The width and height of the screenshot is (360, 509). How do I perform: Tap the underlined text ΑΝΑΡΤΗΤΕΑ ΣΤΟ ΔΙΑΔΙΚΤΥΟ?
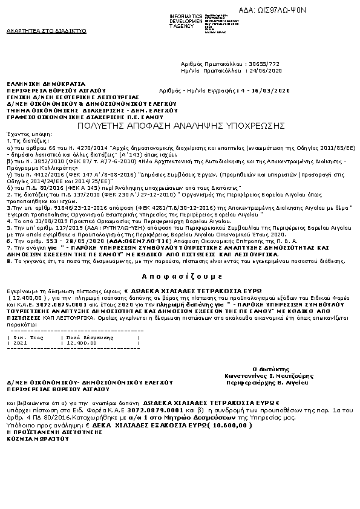[x=46, y=30]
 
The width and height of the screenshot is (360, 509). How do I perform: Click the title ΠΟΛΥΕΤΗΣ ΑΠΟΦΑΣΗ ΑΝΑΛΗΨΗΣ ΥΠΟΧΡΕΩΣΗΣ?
[x=181, y=125]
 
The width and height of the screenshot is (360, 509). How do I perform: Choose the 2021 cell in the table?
[x=20, y=342]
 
